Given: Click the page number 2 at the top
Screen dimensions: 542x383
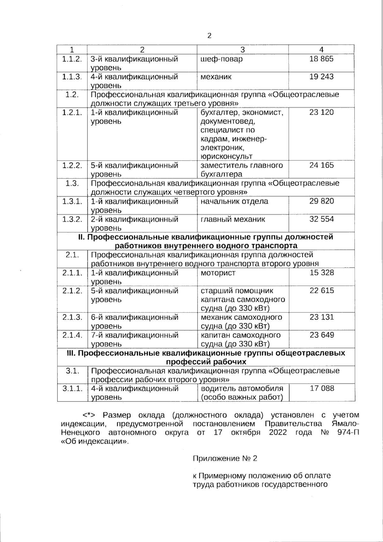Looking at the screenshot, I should (x=209, y=36).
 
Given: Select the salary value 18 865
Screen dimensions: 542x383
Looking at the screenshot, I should (x=321, y=59).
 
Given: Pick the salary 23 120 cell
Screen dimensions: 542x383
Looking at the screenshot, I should (x=321, y=112).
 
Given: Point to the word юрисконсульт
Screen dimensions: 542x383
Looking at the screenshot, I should (x=226, y=156).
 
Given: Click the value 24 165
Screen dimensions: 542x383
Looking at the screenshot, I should (x=321, y=165).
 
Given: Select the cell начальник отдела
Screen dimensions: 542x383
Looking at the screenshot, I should (x=234, y=202).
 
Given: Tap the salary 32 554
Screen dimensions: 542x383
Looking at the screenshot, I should (x=321, y=219).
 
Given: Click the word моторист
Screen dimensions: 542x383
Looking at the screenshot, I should (x=218, y=273).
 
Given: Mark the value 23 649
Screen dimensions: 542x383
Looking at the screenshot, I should (x=321, y=335).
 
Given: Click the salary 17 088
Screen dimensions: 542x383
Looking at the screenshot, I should (x=322, y=388).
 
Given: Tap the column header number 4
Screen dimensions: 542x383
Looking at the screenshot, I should (x=321, y=50).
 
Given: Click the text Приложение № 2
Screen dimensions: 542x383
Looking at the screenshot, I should (x=225, y=458).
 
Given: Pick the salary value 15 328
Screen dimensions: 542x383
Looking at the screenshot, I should (x=321, y=273).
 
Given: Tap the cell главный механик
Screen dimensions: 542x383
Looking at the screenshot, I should (x=233, y=219).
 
